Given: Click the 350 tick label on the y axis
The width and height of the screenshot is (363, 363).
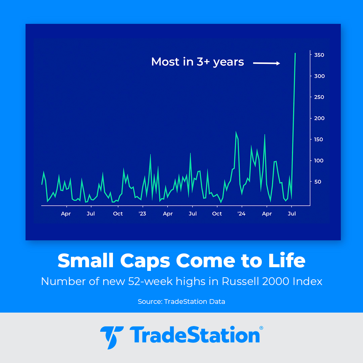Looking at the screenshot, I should pyautogui.click(x=319, y=55).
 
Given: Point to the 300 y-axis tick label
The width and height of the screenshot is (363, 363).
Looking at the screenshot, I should pyautogui.click(x=319, y=76).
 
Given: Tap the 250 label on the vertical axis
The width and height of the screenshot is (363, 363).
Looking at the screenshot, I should pyautogui.click(x=319, y=97).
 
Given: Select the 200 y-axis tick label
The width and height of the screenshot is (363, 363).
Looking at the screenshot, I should pyautogui.click(x=319, y=118).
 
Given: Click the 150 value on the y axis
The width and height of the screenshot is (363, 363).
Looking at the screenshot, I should pyautogui.click(x=319, y=139).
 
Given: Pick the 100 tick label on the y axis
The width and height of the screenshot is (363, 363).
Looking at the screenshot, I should pyautogui.click(x=319, y=161).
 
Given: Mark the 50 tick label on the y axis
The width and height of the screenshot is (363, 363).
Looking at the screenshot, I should pyautogui.click(x=318, y=182).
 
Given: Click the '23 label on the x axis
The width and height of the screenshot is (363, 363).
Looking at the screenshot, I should pyautogui.click(x=142, y=214).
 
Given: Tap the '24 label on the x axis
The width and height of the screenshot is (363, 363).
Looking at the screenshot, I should pyautogui.click(x=241, y=214).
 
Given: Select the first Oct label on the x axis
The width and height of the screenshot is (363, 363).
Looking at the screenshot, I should pyautogui.click(x=118, y=214).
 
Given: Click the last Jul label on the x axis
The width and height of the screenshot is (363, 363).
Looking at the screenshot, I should pyautogui.click(x=292, y=214).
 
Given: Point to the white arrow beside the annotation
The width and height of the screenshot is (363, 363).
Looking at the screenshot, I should pyautogui.click(x=267, y=63).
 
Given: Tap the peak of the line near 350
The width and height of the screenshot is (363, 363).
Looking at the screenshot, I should pyautogui.click(x=295, y=53).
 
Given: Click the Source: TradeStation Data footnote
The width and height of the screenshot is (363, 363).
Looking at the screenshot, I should pyautogui.click(x=182, y=301).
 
